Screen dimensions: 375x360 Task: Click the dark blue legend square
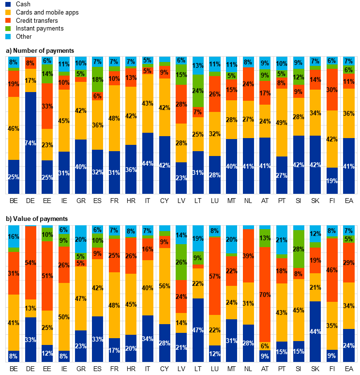[x=8, y=4]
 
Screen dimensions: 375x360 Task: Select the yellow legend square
[x=8, y=12]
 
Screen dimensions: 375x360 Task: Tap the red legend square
[x=8, y=20]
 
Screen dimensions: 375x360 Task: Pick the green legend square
[x=8, y=29]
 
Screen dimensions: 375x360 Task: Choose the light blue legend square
[x=8, y=36]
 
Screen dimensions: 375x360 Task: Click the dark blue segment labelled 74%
[x=30, y=143]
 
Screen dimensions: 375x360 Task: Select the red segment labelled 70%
[x=265, y=295]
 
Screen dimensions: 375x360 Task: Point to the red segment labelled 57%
[x=214, y=276]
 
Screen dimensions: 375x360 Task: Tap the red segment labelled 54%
[x=30, y=263]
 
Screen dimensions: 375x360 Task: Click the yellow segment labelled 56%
[x=165, y=286]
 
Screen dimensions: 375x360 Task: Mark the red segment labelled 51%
[x=47, y=276]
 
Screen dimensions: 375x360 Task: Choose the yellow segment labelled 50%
[x=64, y=317]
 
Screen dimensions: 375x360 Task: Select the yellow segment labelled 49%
[x=282, y=123]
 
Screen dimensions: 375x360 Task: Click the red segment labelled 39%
[x=248, y=256]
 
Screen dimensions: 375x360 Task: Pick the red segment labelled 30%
[x=332, y=90]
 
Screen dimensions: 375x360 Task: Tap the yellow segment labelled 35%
[x=332, y=326]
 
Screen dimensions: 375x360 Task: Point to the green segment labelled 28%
[x=299, y=249]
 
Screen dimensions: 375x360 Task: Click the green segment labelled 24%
[x=198, y=91]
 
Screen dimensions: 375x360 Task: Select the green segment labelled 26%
[x=181, y=262]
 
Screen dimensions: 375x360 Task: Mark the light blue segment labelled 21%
[x=282, y=240]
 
